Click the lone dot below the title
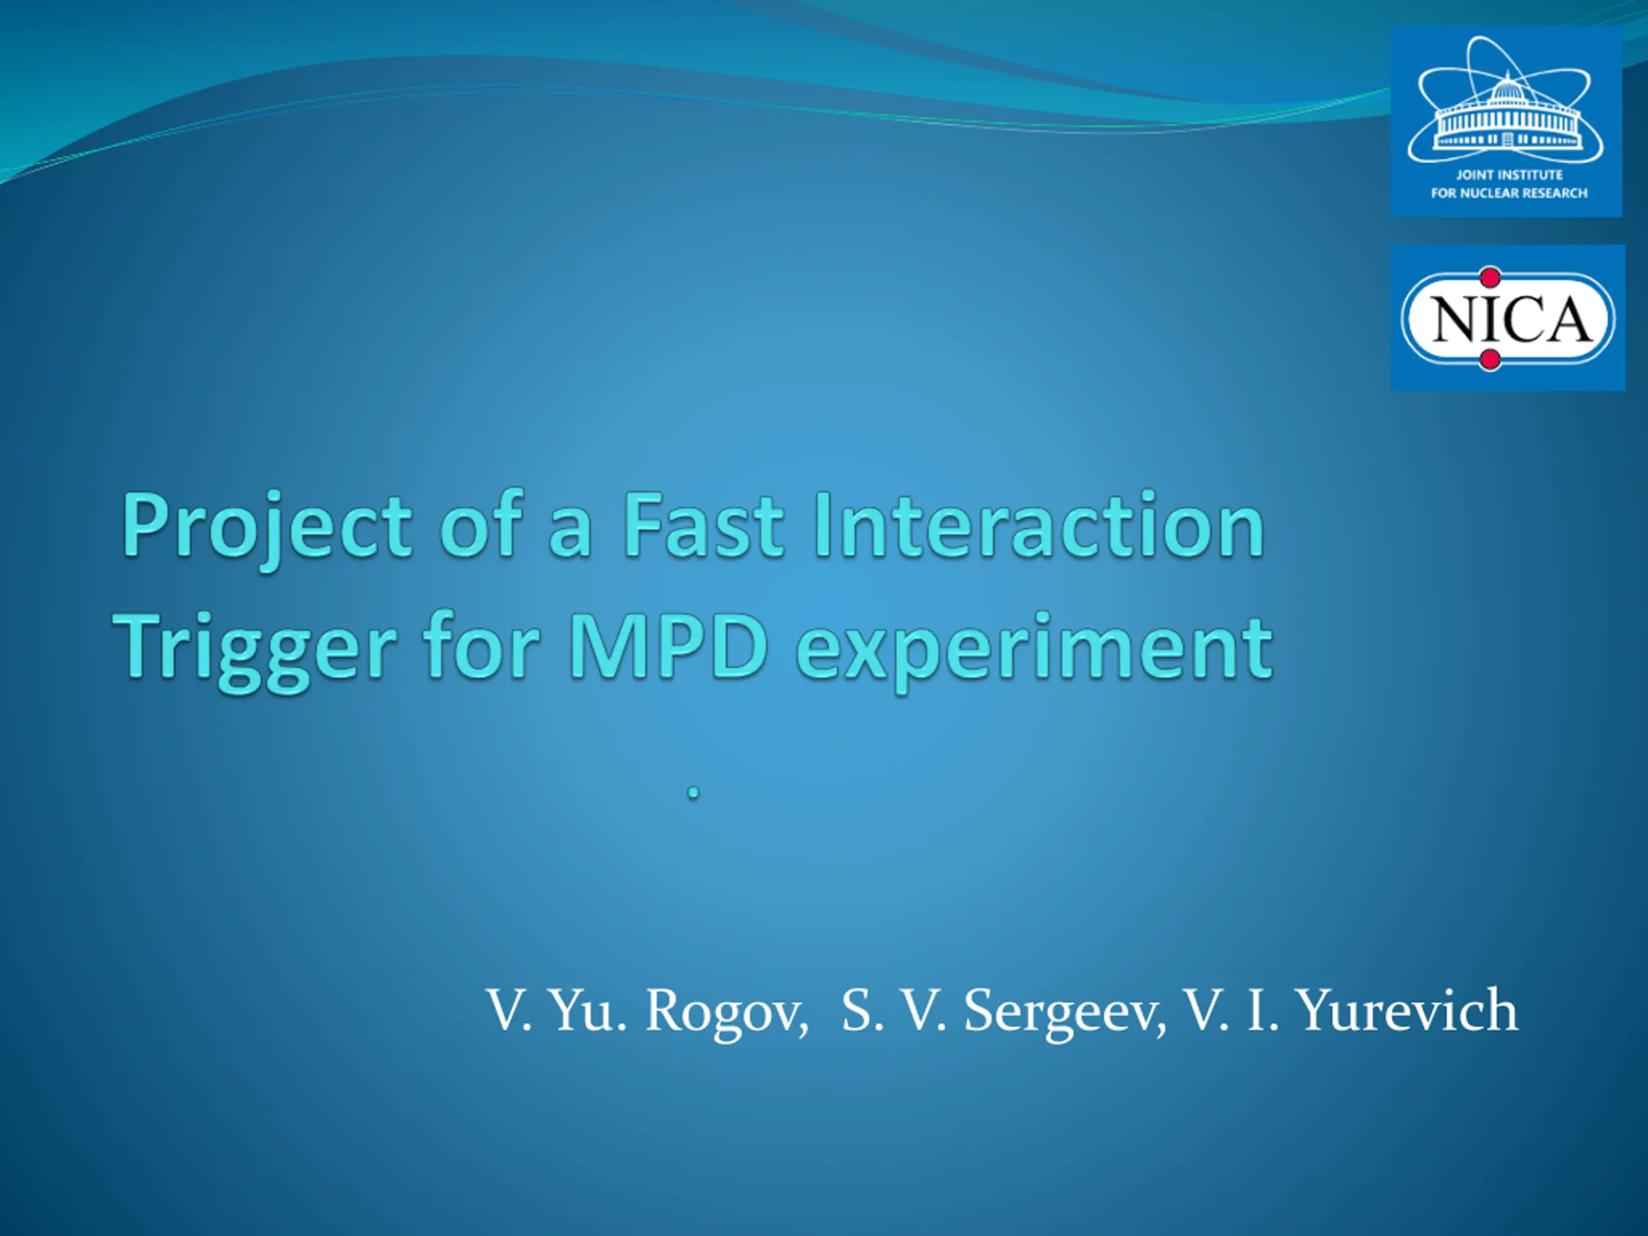pyautogui.click(x=693, y=794)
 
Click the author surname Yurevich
pyautogui.click(x=1407, y=1009)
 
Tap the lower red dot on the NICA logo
pyautogui.click(x=1490, y=360)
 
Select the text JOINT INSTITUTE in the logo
pyautogui.click(x=1510, y=175)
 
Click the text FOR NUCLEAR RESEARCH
pyautogui.click(x=1509, y=194)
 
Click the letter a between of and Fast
pyautogui.click(x=570, y=534)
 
